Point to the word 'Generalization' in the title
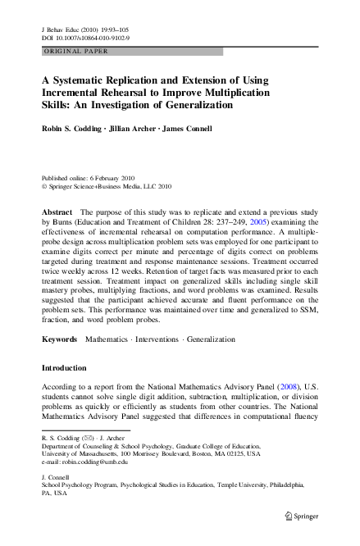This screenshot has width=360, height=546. [x=195, y=105]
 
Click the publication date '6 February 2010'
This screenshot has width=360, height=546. [x=104, y=178]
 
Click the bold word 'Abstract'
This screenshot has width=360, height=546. [x=57, y=212]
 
